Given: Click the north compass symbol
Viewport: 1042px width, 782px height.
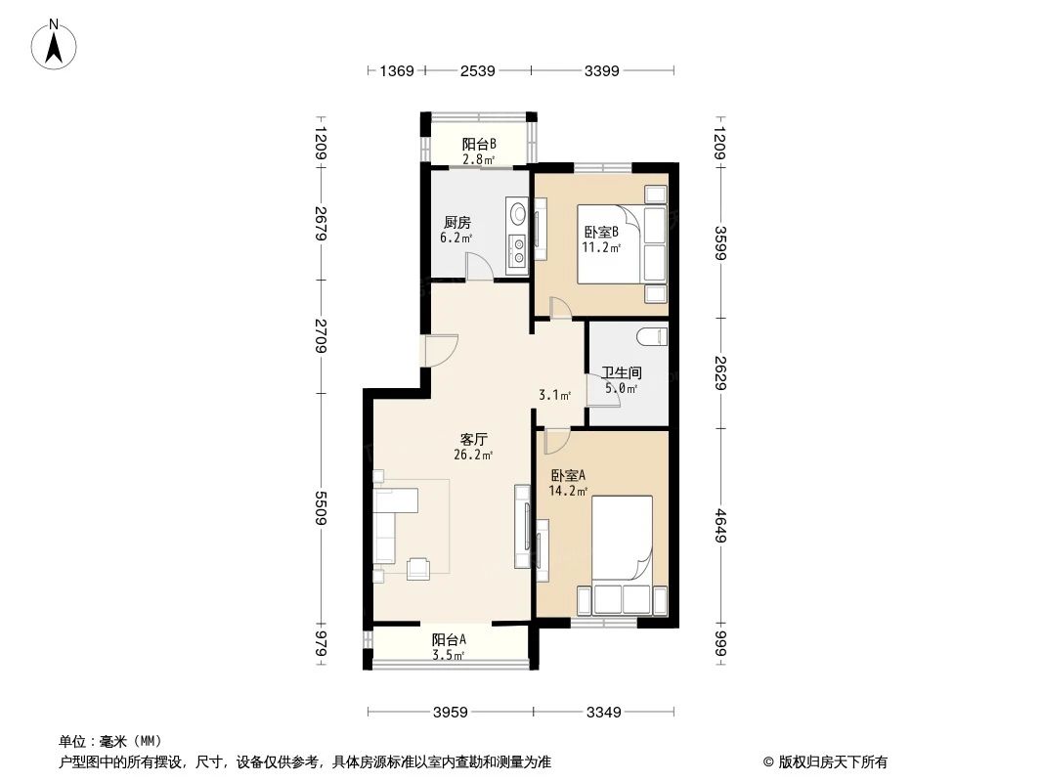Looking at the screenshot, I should pyautogui.click(x=55, y=44).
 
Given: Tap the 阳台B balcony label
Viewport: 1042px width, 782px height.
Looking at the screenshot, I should pyautogui.click(x=479, y=145).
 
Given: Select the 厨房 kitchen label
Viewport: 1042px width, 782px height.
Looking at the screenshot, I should pyautogui.click(x=456, y=223).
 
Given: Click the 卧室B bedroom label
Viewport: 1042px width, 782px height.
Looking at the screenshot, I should pyautogui.click(x=600, y=232).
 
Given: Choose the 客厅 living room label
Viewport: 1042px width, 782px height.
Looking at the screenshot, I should pyautogui.click(x=474, y=440).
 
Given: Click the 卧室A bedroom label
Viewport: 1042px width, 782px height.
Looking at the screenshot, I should pyautogui.click(x=566, y=476).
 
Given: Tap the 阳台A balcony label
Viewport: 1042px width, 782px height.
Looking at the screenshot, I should pyautogui.click(x=449, y=639).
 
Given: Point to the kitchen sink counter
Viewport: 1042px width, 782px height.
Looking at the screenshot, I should pyautogui.click(x=516, y=235).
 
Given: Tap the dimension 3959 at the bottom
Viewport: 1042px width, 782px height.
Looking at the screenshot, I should pyautogui.click(x=451, y=712).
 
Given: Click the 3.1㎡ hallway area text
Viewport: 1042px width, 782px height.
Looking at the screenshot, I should pyautogui.click(x=554, y=396).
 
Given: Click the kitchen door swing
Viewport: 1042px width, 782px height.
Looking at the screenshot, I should pyautogui.click(x=479, y=267).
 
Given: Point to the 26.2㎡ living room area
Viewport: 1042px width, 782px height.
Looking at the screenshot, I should pyautogui.click(x=474, y=455).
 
